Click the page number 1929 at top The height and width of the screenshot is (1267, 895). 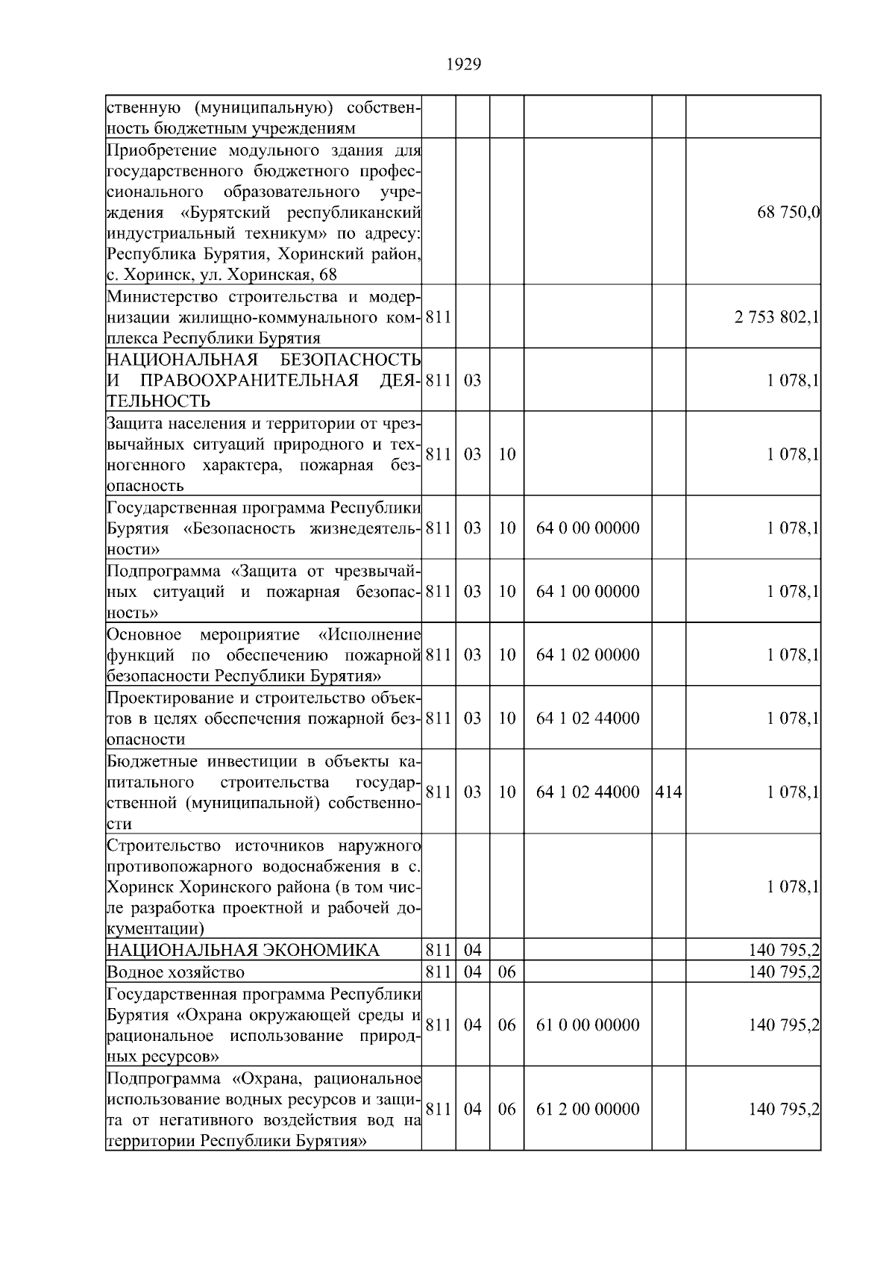pos(463,65)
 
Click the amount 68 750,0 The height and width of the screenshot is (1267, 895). pos(788,213)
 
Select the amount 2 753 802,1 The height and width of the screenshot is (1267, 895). pos(776,318)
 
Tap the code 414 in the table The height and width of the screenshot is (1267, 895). pos(668,792)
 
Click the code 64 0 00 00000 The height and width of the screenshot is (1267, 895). pos(588,528)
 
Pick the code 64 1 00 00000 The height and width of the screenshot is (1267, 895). pos(588,592)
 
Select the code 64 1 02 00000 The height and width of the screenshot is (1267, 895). pos(588,655)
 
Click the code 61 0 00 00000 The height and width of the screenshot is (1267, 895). pos(588,1025)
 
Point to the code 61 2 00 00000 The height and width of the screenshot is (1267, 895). pos(588,1110)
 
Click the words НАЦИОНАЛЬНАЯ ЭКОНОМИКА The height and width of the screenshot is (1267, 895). pos(243,951)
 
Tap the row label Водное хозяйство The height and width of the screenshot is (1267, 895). pos(175,972)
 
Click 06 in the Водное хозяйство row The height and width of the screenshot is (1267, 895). pos(506,972)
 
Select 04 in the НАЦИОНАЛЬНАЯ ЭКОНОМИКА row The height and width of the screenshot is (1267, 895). pos(473,951)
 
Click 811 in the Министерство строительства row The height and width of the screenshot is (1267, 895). pos(439,318)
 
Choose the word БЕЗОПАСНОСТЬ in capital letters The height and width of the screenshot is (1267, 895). pos(360,360)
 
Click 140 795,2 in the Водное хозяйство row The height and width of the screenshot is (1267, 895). pos(784,972)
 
